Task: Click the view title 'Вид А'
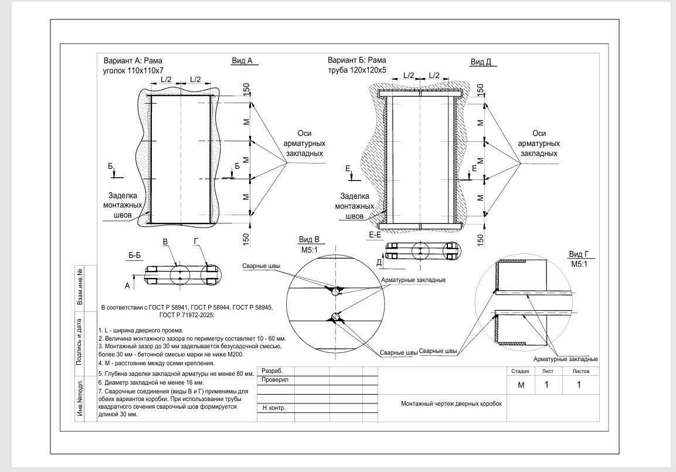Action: (242, 61)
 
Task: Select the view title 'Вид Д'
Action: (481, 62)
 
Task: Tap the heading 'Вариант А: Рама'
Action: (133, 61)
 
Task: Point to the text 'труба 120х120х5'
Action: (357, 70)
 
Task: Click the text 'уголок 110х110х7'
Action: (133, 71)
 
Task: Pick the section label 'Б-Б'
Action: (134, 256)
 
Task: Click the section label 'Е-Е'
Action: (375, 235)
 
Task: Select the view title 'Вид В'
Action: (309, 240)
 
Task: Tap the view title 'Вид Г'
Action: (579, 254)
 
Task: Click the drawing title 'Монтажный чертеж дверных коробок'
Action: (451, 404)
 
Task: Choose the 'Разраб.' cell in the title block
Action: (272, 371)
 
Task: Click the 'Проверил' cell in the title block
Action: (275, 380)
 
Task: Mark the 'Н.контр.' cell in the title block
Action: (274, 408)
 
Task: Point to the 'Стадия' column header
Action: (520, 371)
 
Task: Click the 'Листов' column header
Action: (580, 371)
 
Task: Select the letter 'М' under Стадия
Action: (521, 385)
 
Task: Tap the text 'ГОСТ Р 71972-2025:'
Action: (186, 315)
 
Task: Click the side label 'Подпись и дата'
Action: (79, 342)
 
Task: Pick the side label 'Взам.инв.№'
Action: (79, 286)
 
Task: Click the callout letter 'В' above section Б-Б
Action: (165, 242)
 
